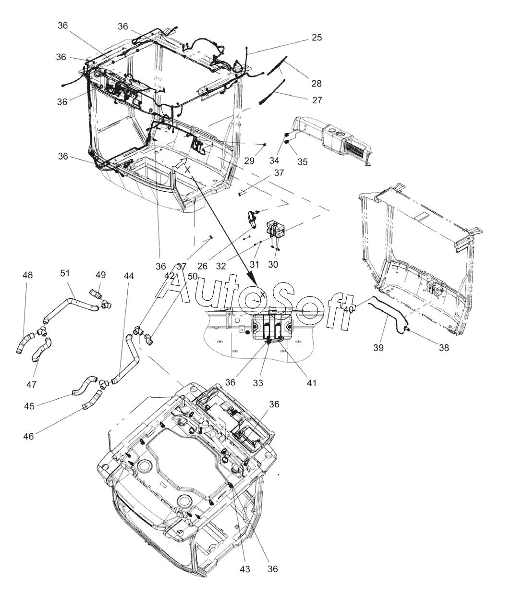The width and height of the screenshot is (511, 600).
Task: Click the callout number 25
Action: [316, 37]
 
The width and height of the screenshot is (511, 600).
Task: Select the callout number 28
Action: [316, 84]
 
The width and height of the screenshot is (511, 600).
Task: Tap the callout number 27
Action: [316, 100]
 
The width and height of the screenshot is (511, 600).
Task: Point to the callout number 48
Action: [28, 275]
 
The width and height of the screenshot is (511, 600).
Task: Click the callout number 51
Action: [65, 273]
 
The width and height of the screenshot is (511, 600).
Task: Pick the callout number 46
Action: [28, 437]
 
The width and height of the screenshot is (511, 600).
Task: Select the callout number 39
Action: [379, 348]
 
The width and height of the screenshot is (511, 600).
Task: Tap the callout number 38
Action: [443, 348]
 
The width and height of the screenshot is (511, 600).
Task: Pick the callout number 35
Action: [302, 162]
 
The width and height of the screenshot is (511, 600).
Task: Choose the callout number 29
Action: [249, 161]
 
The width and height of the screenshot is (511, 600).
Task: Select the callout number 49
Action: [100, 275]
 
